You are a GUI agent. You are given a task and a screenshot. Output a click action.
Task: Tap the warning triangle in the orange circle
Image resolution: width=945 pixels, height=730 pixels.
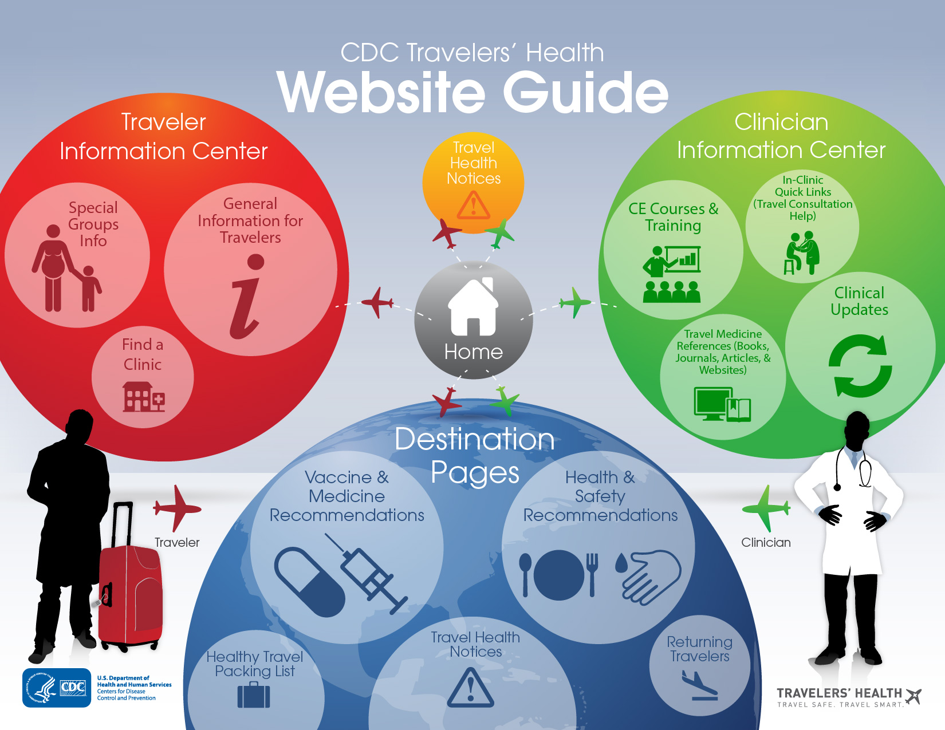tap(473, 205)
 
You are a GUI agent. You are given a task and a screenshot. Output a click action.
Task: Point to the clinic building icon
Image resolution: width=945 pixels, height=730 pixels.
tap(143, 396)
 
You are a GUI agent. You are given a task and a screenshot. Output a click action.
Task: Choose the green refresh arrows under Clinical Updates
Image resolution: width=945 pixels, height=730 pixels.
tap(860, 366)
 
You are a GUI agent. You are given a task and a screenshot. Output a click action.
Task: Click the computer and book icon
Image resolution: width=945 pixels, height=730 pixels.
tap(722, 404)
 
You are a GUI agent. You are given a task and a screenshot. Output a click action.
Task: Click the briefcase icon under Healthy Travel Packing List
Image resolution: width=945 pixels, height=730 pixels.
tap(254, 695)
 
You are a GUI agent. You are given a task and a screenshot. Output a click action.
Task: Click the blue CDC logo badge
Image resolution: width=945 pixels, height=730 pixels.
tap(57, 688)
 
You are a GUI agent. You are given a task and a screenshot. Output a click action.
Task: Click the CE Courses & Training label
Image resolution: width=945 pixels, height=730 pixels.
tap(673, 217)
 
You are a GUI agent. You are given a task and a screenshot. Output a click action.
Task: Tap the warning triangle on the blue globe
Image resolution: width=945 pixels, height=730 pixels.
tap(470, 686)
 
